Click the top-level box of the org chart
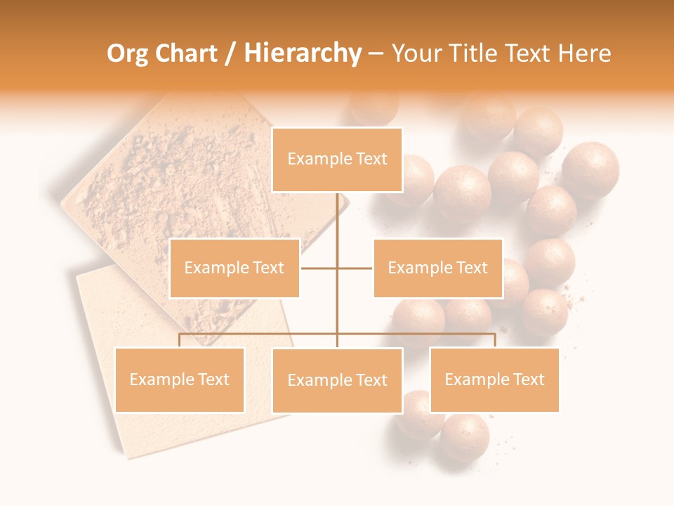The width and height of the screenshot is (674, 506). pos(337,160)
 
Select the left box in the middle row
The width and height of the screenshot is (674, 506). pos(234,268)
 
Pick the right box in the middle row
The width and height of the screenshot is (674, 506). pos(438,268)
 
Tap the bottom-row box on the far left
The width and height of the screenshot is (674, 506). pos(180,379)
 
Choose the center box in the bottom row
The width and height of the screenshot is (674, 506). pos(337,380)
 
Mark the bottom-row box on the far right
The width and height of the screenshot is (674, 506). pos(495,379)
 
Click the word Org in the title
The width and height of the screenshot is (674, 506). pos(126,53)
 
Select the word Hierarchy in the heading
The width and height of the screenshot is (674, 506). pos(302,53)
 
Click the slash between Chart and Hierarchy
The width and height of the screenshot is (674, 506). pos(230,53)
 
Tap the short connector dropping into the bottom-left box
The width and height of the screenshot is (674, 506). pos(180,340)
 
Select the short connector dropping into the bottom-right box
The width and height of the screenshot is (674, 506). pos(495,340)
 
